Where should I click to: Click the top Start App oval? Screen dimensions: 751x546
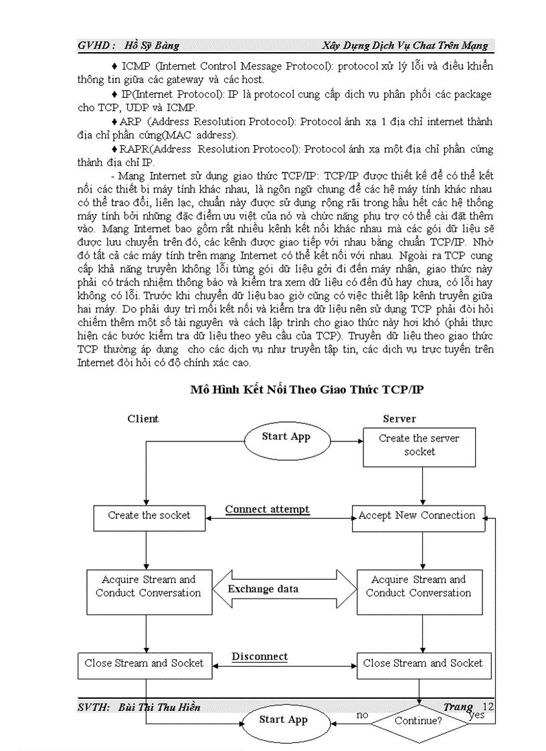click(x=286, y=437)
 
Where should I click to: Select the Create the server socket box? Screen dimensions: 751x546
click(x=419, y=446)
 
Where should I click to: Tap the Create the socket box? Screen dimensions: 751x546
click(x=149, y=516)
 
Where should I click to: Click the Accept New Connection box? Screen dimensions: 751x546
click(x=418, y=516)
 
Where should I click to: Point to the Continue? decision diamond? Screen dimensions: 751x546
click(x=418, y=721)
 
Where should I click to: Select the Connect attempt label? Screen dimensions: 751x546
click(x=267, y=510)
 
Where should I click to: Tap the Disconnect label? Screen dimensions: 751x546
click(x=260, y=657)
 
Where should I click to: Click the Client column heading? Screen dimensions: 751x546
click(x=143, y=419)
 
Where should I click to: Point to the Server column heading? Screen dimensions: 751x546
click(x=399, y=419)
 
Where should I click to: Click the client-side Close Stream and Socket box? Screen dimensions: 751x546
click(x=144, y=663)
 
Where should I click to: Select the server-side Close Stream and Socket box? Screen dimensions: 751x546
click(x=422, y=663)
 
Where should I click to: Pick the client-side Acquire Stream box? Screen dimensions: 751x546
click(x=148, y=586)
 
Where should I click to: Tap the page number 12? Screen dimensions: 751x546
click(x=488, y=706)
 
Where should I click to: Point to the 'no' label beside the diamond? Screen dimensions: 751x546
click(x=363, y=715)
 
